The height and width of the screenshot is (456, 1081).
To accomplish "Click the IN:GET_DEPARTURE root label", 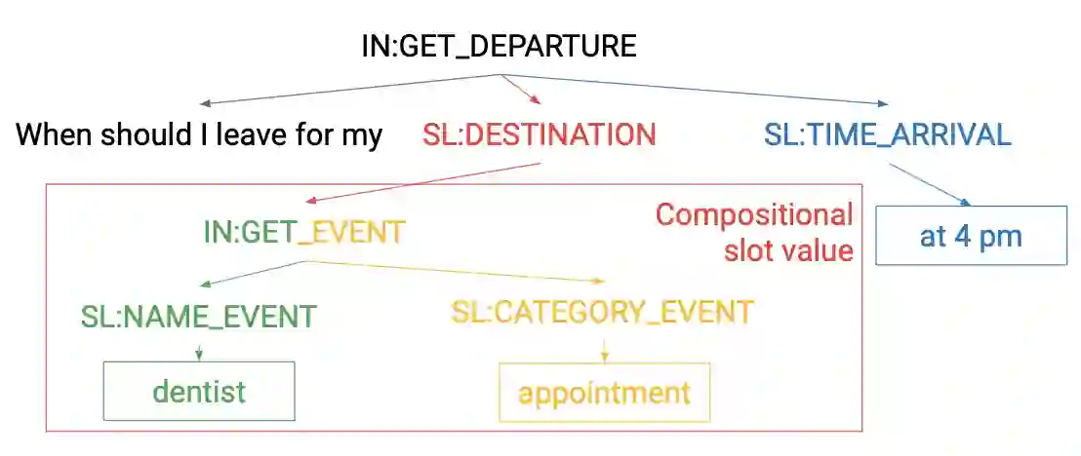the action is [x=499, y=46].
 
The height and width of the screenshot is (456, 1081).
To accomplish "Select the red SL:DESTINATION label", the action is [x=539, y=134].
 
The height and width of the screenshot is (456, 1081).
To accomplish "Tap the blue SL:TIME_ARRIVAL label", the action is [x=887, y=134].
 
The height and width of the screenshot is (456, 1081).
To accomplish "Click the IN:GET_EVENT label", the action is [x=303, y=233].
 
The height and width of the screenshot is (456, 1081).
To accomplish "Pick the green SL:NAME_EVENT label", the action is [x=199, y=316].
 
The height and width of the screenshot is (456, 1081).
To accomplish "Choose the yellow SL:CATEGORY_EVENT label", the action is [x=602, y=312].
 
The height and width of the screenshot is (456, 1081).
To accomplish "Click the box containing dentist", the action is [x=199, y=391].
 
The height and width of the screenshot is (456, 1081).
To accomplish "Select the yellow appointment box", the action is [x=604, y=393].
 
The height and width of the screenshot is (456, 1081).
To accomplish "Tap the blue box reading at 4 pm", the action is [x=970, y=236].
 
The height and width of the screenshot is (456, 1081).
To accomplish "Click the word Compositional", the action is [x=754, y=214].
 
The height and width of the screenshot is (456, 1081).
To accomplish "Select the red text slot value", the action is [x=788, y=250].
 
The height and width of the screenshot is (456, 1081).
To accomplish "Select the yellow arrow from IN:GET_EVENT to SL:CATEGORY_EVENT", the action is [x=459, y=272].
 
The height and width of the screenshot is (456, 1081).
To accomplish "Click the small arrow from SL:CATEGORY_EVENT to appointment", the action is [x=605, y=347].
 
